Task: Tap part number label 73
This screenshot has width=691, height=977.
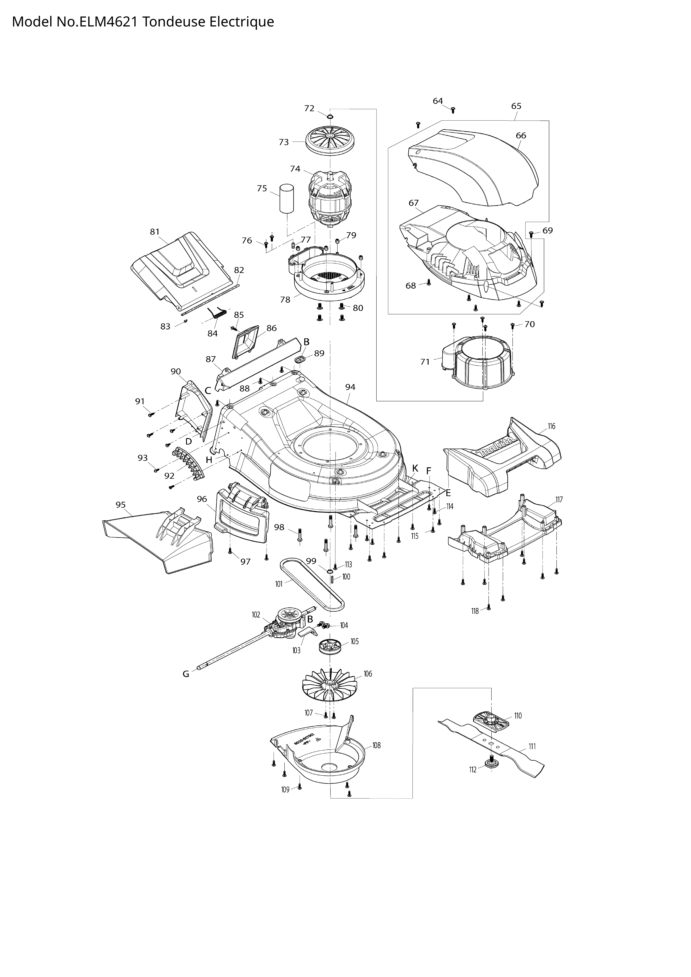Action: pyautogui.click(x=284, y=142)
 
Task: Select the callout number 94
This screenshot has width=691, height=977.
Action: pyautogui.click(x=350, y=387)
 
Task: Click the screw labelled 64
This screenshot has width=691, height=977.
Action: pyautogui.click(x=453, y=110)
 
